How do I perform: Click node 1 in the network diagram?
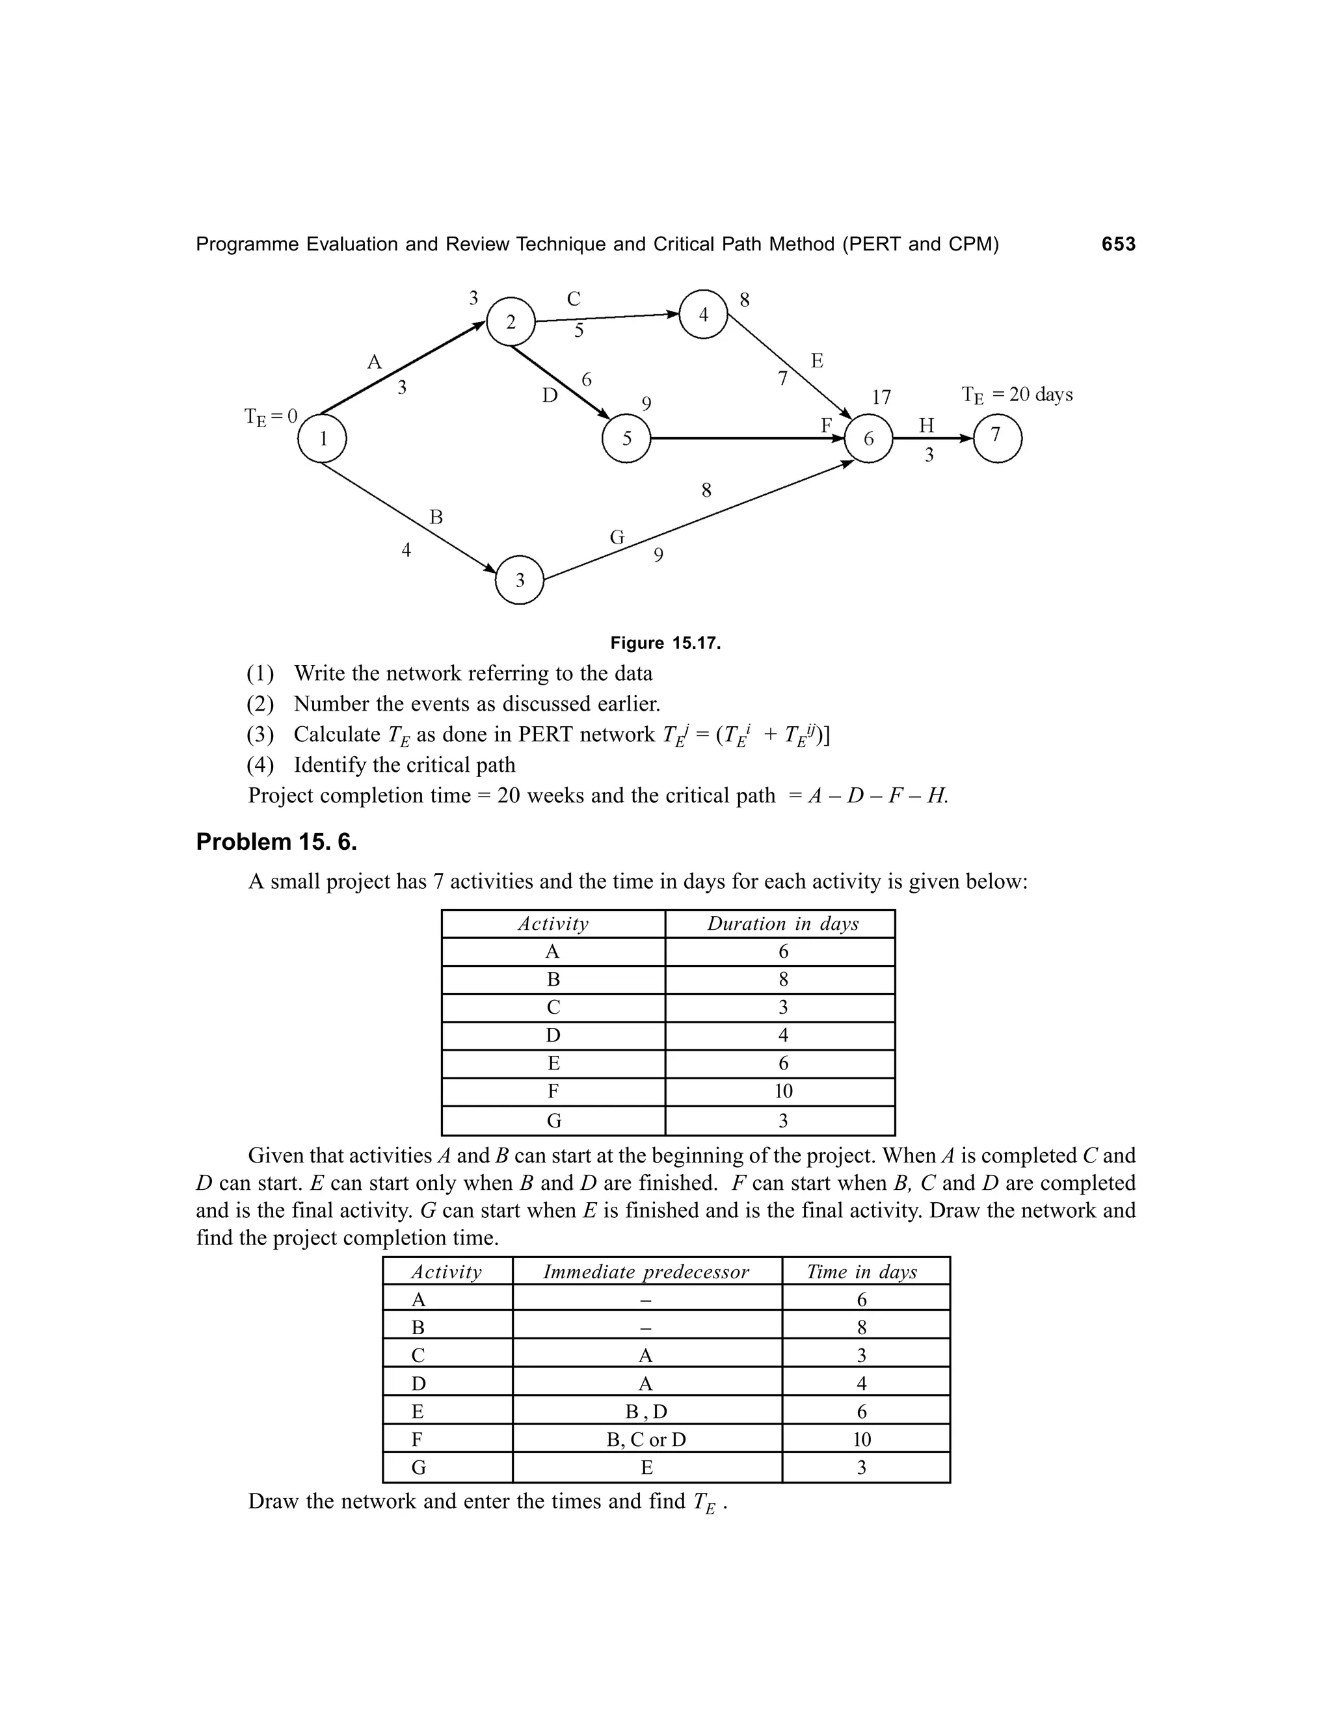pos(322,439)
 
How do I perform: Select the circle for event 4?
pos(703,315)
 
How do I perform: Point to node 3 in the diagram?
pos(519,580)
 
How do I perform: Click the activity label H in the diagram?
pos(926,426)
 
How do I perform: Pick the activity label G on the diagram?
pos(617,537)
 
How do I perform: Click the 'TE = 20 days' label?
pos(1017,395)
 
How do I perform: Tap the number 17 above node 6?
pos(881,397)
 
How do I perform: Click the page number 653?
pos(1118,244)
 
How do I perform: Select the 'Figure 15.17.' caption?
pos(665,643)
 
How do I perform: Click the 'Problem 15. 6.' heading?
pos(276,842)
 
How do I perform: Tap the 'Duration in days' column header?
pos(782,924)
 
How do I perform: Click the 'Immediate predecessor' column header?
pos(645,1272)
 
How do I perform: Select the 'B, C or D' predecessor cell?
pos(645,1440)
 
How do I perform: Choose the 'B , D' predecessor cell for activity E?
pos(645,1412)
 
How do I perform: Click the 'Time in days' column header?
pos(861,1272)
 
